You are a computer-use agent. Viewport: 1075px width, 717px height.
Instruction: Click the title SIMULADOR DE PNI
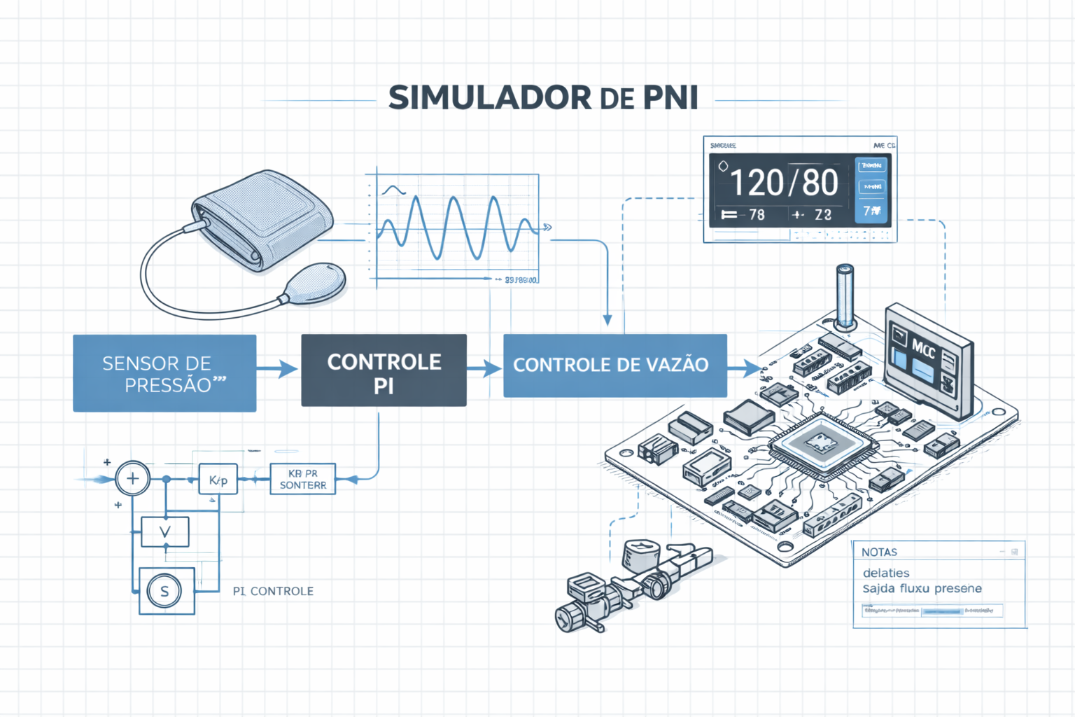pyautogui.click(x=543, y=98)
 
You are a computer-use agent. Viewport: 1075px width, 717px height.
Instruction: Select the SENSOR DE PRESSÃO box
pyautogui.click(x=164, y=373)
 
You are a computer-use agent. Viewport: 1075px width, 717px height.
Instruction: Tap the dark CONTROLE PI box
pyautogui.click(x=384, y=370)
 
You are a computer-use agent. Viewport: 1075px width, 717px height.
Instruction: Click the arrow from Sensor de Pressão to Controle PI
pyautogui.click(x=279, y=368)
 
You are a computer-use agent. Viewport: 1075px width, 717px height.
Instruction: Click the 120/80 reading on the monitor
pyautogui.click(x=784, y=183)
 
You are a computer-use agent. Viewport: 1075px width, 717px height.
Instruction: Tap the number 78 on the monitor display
pyautogui.click(x=757, y=215)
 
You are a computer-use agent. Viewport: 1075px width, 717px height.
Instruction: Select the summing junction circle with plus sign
pyautogui.click(x=132, y=479)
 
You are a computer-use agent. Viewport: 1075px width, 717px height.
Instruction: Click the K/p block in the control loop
pyautogui.click(x=218, y=480)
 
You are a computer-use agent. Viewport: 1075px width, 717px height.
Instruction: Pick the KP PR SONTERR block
pyautogui.click(x=302, y=479)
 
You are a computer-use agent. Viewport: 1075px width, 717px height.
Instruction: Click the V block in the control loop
pyautogui.click(x=165, y=532)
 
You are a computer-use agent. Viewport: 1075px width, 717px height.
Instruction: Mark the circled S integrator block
pyautogui.click(x=165, y=591)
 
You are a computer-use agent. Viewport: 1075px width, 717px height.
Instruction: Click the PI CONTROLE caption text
pyautogui.click(x=273, y=591)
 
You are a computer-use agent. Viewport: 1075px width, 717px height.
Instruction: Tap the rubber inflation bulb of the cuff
pyautogui.click(x=316, y=283)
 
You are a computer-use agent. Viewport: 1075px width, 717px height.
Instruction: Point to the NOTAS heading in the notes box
pyautogui.click(x=879, y=552)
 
